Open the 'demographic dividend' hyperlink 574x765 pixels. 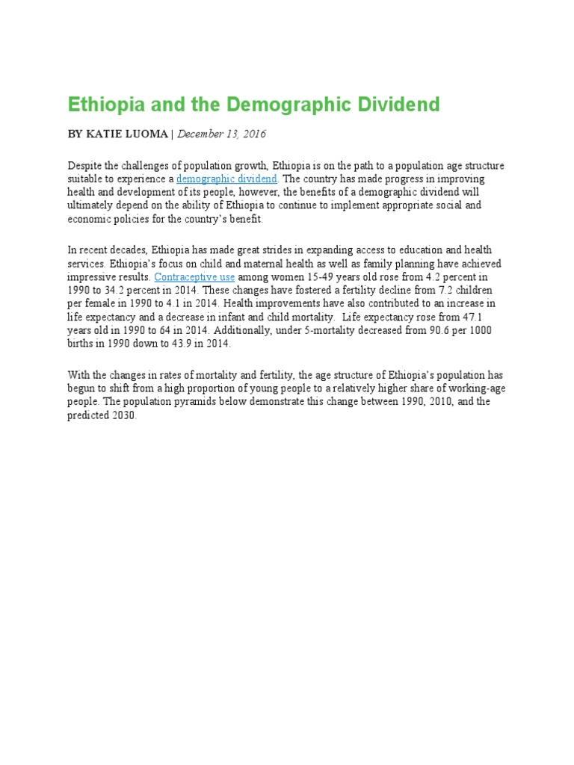pyautogui.click(x=227, y=179)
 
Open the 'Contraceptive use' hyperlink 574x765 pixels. pyautogui.click(x=194, y=276)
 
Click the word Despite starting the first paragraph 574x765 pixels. pyautogui.click(x=84, y=166)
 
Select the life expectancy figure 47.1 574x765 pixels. pyautogui.click(x=487, y=317)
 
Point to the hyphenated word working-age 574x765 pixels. pyautogui.click(x=457, y=388)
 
